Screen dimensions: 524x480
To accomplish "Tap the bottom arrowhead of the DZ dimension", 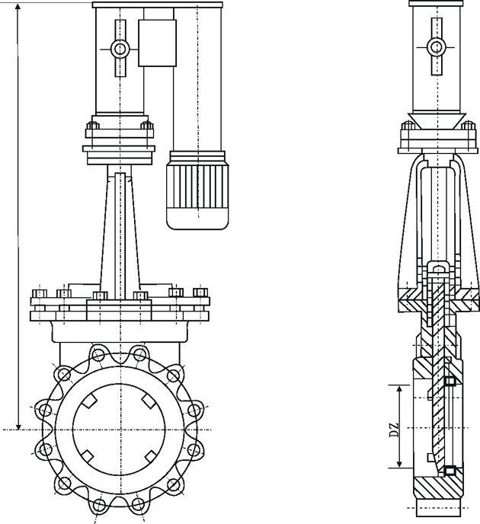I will [398, 464].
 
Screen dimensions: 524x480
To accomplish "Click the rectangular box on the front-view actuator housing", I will [157, 43].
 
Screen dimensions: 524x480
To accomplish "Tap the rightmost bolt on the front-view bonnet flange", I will [200, 292].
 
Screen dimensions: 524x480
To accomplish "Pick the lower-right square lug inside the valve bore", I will [151, 456].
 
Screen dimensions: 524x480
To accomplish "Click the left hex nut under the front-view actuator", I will [93, 125].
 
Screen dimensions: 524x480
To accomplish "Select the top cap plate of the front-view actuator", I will [157, 4].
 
